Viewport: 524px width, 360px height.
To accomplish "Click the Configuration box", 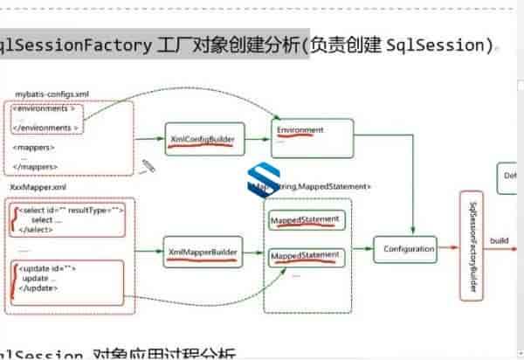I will (x=408, y=250).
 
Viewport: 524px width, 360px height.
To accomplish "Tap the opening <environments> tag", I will (x=48, y=110).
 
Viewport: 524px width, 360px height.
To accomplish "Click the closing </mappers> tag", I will (x=36, y=166).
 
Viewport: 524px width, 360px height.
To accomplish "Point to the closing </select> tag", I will (x=37, y=229).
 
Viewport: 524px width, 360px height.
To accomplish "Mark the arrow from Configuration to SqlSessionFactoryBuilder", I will (x=451, y=249).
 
